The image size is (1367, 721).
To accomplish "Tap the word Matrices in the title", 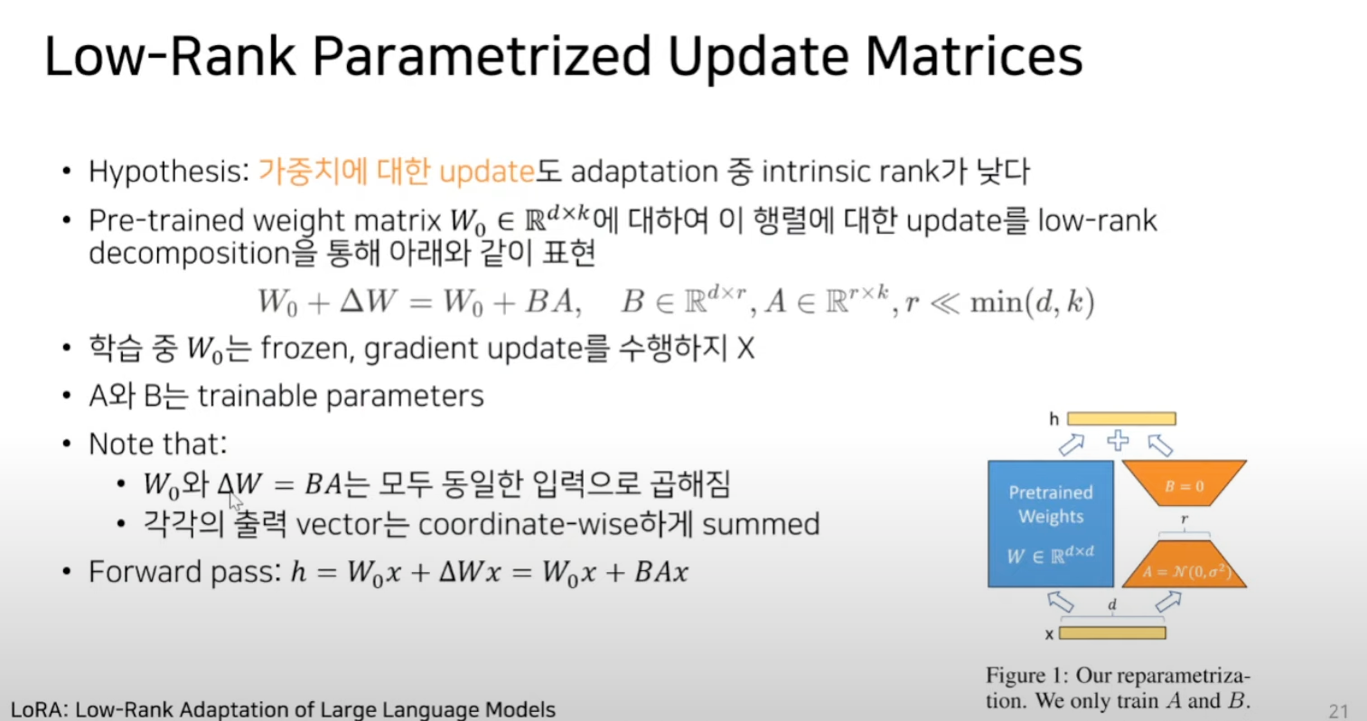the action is [x=974, y=56].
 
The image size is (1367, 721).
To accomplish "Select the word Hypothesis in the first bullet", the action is [x=169, y=172].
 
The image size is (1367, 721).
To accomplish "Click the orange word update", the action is [x=487, y=173].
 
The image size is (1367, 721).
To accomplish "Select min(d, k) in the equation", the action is [x=1033, y=302].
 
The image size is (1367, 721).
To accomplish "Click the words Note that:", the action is [x=158, y=444].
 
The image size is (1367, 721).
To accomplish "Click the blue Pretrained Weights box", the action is [x=1051, y=524].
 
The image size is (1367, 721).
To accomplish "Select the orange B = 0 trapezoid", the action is [x=1184, y=482].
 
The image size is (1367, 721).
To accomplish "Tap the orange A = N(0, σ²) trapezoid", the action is [x=1184, y=564].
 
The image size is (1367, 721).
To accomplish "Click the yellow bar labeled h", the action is [x=1121, y=419].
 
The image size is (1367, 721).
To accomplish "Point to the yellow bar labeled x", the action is [x=1112, y=633].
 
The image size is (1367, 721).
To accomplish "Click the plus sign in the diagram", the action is [x=1118, y=440].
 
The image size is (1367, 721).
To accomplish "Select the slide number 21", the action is [x=1338, y=711].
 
